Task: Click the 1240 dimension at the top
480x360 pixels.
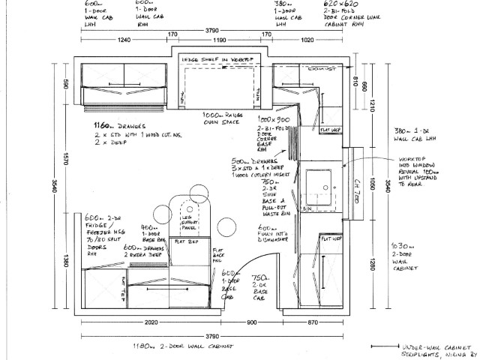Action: [x=124, y=40]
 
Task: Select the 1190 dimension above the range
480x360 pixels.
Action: [x=219, y=40]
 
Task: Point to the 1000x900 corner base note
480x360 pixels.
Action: [x=274, y=120]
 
